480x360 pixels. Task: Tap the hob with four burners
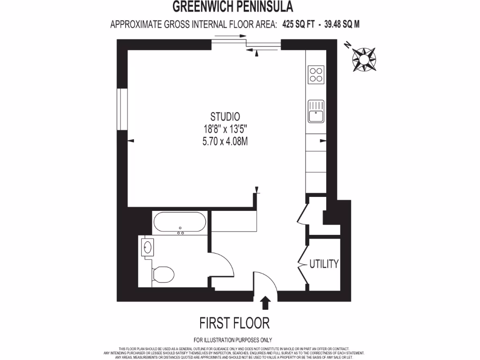click(x=316, y=75)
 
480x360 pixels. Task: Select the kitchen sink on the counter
click(x=316, y=111)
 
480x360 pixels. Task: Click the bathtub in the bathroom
click(x=180, y=222)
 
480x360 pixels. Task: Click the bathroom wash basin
click(x=148, y=247)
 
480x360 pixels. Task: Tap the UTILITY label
click(x=323, y=264)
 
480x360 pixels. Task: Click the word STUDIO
click(x=225, y=117)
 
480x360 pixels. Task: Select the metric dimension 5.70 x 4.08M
click(x=225, y=140)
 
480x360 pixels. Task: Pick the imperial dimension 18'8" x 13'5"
click(x=225, y=128)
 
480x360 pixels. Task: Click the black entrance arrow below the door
click(x=265, y=302)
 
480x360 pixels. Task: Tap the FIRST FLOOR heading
click(x=234, y=323)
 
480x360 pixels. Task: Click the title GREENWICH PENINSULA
click(x=233, y=7)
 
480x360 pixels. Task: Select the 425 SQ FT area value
click(x=298, y=24)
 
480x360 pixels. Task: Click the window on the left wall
click(x=121, y=108)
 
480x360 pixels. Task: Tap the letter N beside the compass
click(x=347, y=45)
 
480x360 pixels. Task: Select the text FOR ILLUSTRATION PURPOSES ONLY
click(x=232, y=340)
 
